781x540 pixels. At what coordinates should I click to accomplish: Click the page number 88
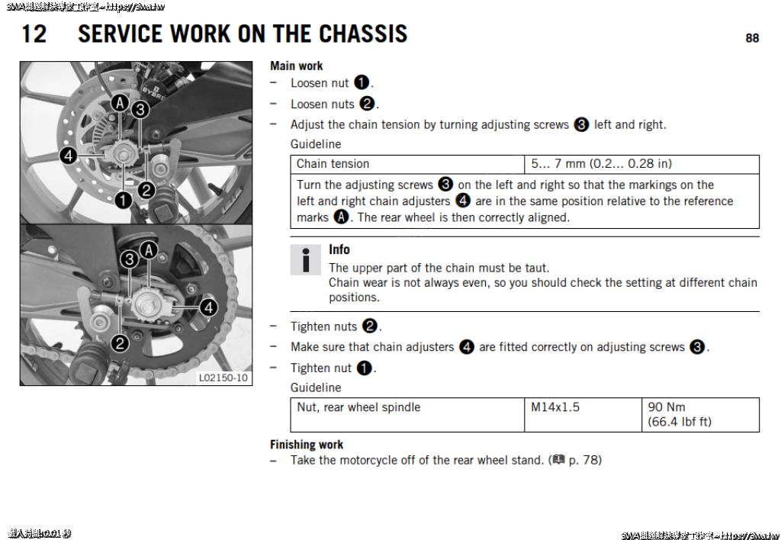click(752, 38)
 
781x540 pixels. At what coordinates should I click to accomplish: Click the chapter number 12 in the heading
click(34, 34)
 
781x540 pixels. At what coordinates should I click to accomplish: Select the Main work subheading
click(297, 66)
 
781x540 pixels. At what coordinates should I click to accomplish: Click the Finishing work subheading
click(307, 445)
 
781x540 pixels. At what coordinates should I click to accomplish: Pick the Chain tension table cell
click(333, 164)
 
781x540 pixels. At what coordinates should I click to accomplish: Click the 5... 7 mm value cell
click(601, 164)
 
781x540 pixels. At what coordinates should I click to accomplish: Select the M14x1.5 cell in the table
click(555, 407)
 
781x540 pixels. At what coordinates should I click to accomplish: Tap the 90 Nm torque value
click(667, 407)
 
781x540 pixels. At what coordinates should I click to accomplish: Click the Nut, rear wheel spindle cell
click(358, 407)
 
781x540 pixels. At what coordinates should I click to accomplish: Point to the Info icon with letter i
click(306, 260)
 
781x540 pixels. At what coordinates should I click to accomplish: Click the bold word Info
click(339, 249)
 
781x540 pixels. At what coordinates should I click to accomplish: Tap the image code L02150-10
click(223, 378)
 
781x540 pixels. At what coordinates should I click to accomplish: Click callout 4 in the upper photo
click(68, 156)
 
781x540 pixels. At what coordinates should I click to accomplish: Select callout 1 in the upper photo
click(124, 200)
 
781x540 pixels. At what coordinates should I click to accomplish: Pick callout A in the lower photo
click(149, 250)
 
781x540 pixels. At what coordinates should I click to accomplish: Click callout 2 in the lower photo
click(120, 343)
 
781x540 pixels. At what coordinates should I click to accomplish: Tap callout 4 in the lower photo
click(208, 307)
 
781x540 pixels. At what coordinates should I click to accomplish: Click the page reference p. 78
click(584, 460)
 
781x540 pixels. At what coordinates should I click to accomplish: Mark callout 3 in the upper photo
click(140, 110)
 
